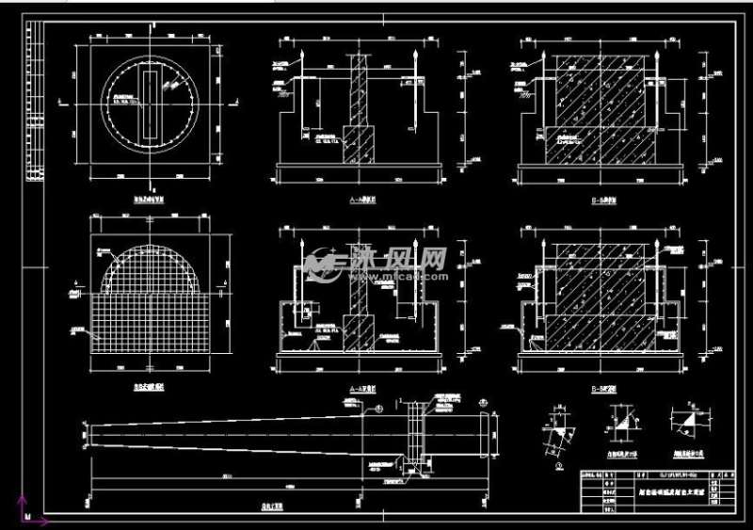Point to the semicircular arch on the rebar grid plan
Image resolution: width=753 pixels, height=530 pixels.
coord(151,254)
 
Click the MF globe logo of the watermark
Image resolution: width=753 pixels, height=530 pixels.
coord(321,266)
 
